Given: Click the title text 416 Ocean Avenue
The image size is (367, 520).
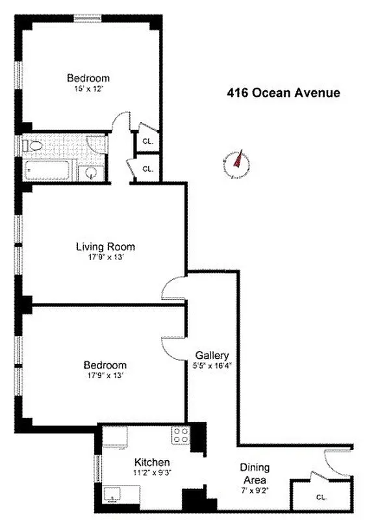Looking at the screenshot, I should click(283, 93).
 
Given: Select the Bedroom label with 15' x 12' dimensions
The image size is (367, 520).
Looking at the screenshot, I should click(88, 78).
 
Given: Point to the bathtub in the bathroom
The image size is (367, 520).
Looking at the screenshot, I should click(49, 172).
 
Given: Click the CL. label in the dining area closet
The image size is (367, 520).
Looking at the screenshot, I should click(321, 497).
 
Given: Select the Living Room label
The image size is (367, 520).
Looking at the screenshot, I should click(105, 246).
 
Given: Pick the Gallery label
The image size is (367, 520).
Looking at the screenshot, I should click(212, 356).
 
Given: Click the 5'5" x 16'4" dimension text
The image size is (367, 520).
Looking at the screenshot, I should click(212, 365).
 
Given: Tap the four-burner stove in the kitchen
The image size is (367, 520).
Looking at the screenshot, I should click(180, 437).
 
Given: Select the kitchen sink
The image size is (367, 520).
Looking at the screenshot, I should click(113, 499).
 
